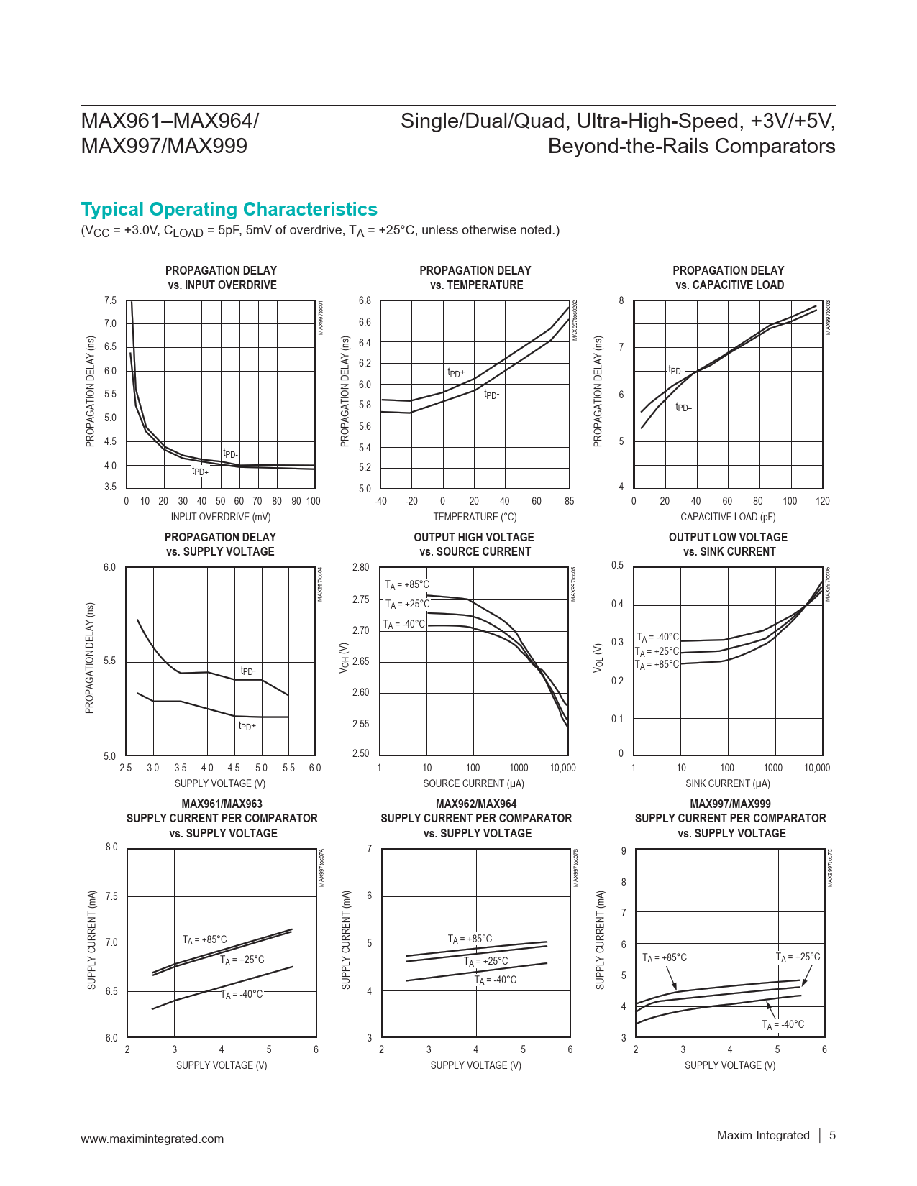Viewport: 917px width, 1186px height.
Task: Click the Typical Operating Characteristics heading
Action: point(229,209)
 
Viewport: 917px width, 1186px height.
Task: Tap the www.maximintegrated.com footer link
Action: point(152,1139)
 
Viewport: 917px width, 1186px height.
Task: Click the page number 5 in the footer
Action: point(832,1136)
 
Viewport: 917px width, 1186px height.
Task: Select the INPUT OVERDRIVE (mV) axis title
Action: point(221,517)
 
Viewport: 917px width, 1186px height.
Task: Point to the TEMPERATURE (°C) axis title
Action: point(475,517)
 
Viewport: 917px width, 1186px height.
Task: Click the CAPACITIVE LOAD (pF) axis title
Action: point(728,517)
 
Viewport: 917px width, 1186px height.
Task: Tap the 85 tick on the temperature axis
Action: point(569,501)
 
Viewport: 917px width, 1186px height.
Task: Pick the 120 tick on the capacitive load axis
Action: point(823,501)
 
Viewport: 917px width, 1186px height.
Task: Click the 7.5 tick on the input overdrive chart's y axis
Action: point(110,300)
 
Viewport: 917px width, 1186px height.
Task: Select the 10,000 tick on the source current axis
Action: point(562,768)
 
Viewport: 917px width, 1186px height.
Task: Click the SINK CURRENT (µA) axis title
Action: point(728,783)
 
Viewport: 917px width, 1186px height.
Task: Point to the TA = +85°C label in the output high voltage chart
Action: point(407,585)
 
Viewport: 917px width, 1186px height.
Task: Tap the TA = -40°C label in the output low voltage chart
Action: point(658,638)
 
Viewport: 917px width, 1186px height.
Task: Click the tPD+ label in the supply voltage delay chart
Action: point(247,726)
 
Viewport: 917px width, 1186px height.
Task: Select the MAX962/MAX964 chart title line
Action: point(476,804)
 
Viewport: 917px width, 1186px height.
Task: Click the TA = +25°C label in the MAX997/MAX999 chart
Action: point(798,957)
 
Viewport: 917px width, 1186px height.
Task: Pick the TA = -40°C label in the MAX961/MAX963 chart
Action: point(242,995)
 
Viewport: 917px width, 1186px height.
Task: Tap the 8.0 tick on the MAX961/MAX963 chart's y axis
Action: point(111,847)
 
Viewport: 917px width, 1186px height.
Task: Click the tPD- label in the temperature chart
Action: point(491,395)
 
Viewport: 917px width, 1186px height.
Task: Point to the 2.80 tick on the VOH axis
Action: point(360,567)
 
